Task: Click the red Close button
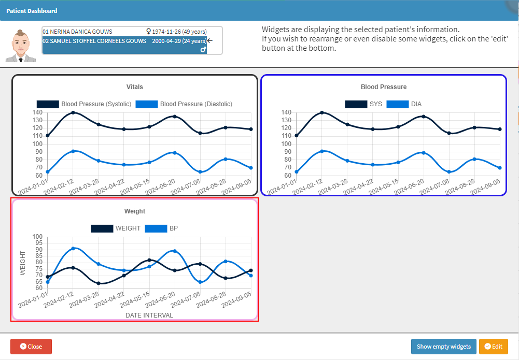31,347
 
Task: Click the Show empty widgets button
443,347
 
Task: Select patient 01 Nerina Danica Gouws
78,32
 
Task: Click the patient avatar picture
21,46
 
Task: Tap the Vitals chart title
135,87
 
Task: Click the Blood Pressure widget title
384,87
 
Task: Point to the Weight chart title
135,211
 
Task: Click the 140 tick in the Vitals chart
37,112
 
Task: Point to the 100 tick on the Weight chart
37,237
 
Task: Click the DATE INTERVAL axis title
149,315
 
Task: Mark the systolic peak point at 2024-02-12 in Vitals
73,112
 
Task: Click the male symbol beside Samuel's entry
204,50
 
